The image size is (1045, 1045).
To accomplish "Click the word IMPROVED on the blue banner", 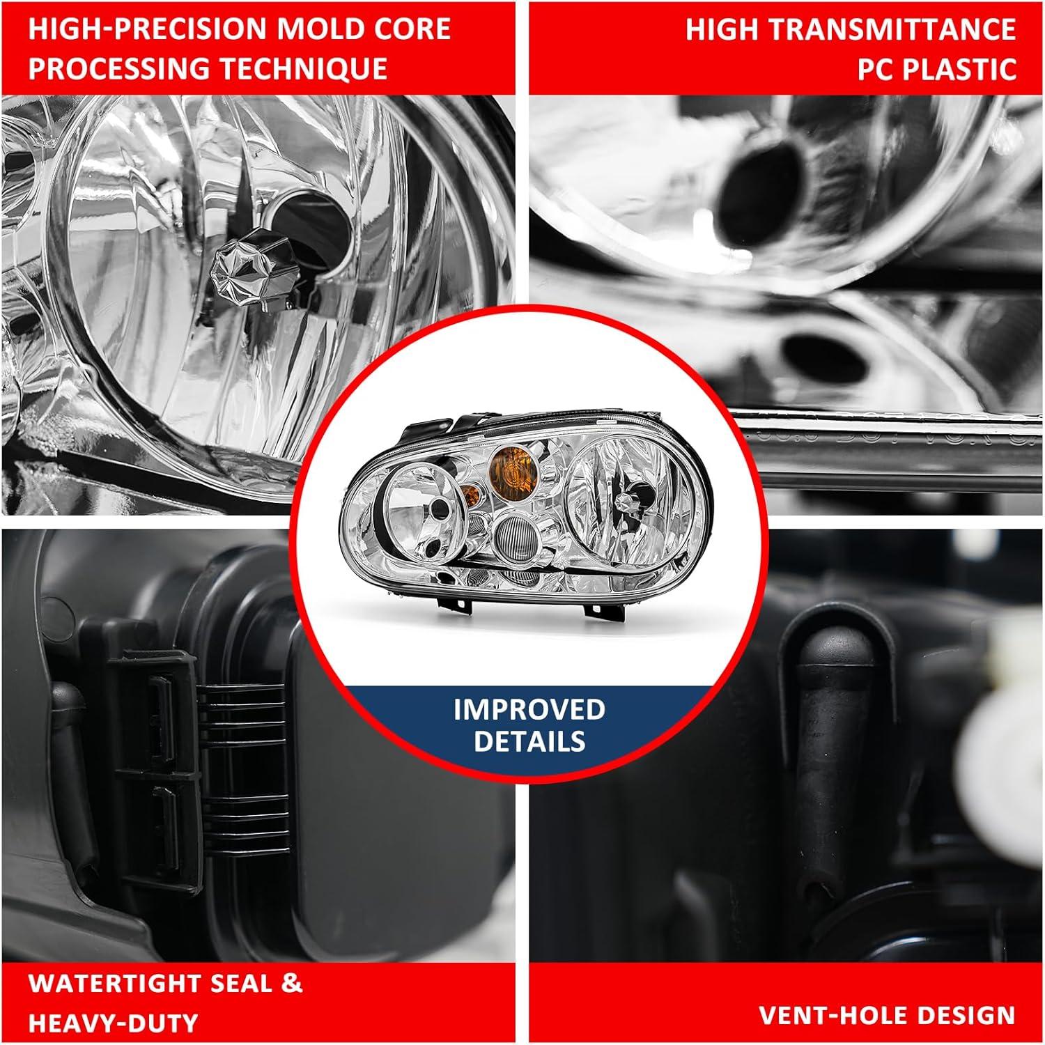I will pos(529,709).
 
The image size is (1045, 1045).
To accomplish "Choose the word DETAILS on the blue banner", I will pos(529,741).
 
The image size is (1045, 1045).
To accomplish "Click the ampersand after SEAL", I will pos(292,983).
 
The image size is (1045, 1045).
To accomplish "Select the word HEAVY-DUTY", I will pos(114,1023).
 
